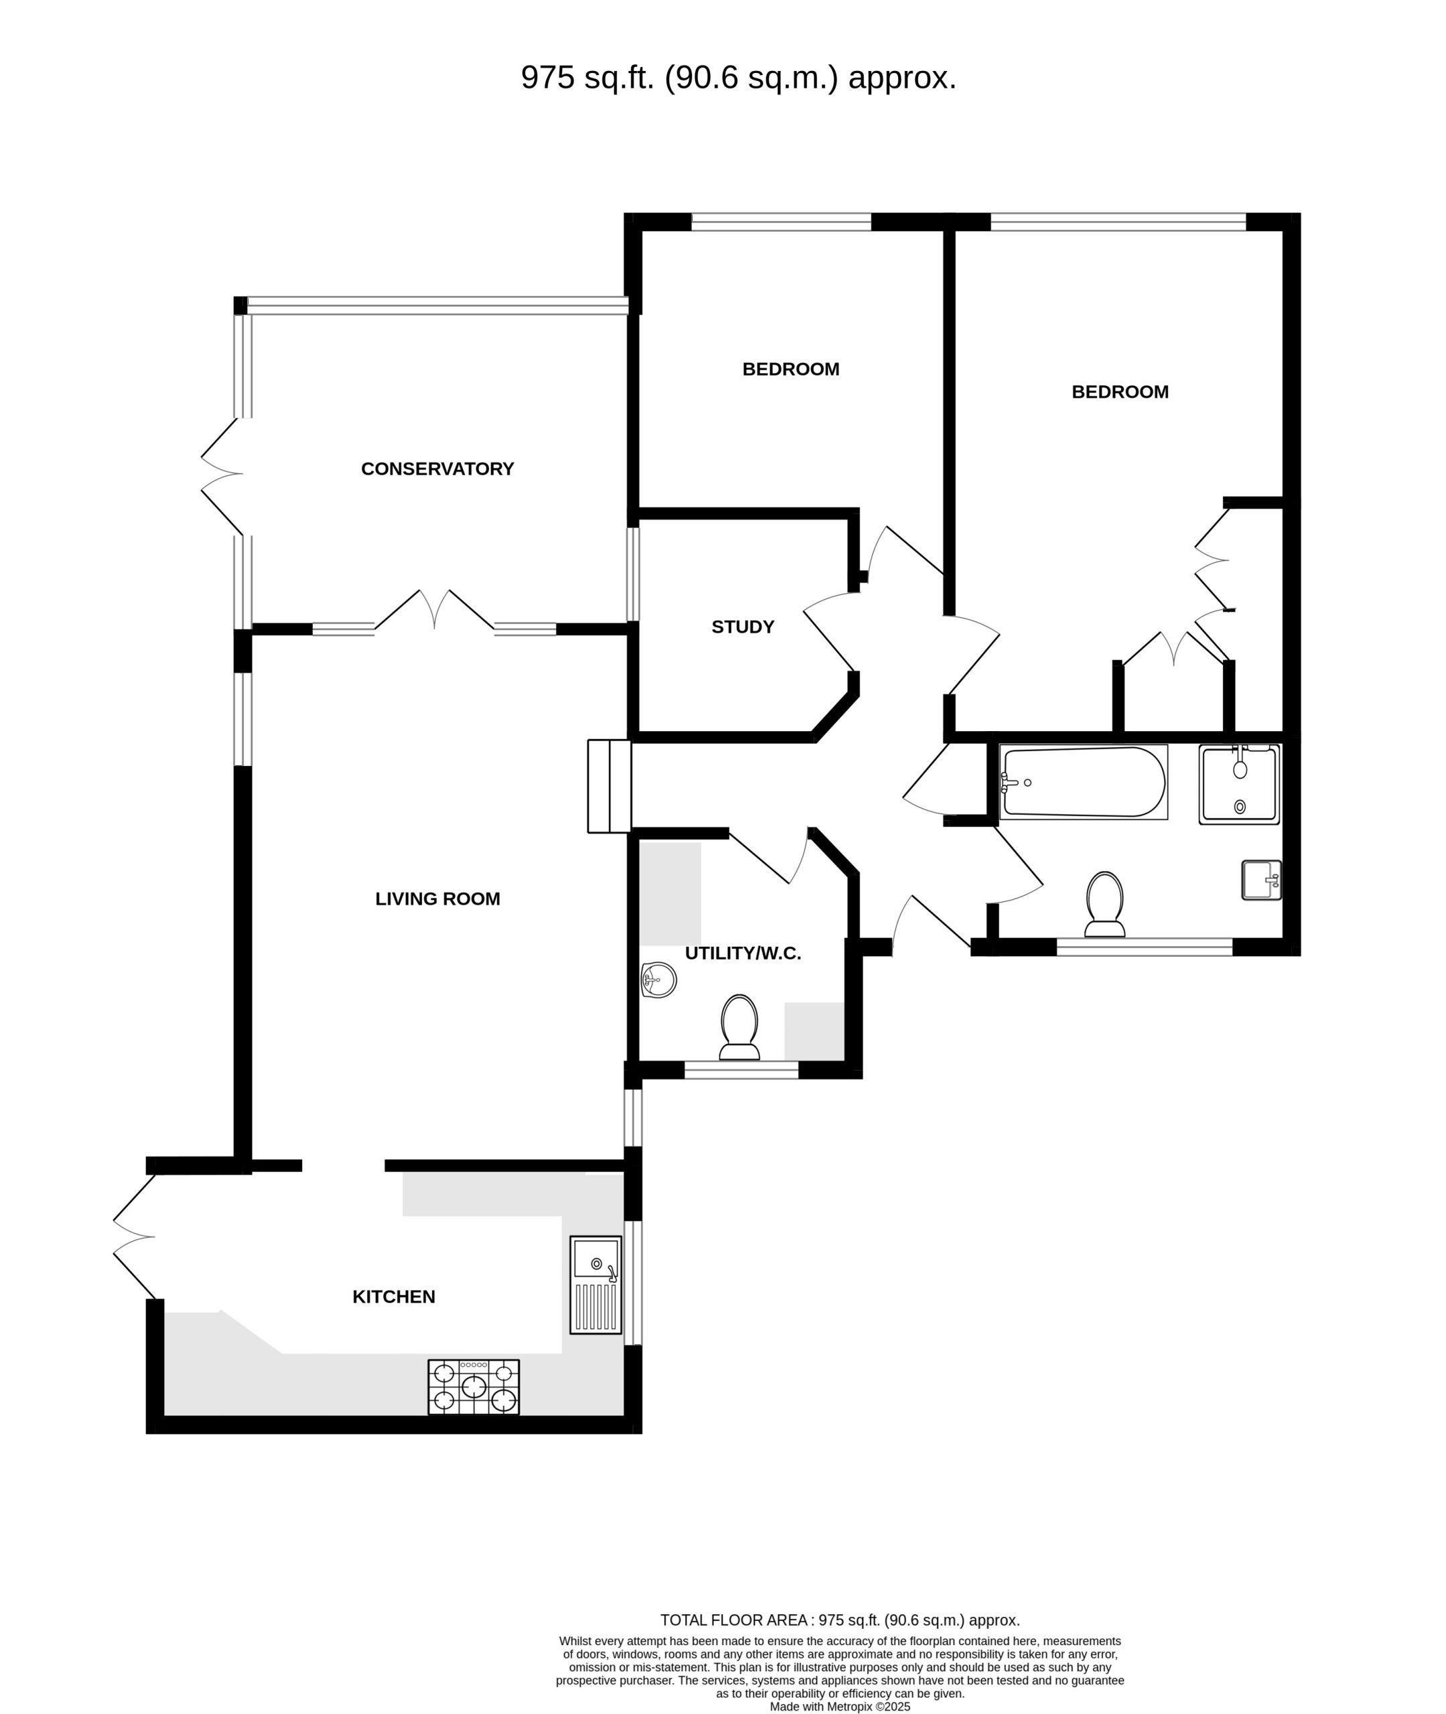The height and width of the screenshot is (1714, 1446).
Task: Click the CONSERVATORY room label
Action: (438, 469)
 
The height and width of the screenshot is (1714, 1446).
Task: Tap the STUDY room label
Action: (743, 627)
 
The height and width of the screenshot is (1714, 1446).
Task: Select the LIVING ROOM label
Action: (438, 899)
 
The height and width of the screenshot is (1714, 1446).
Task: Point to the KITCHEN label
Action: (393, 1296)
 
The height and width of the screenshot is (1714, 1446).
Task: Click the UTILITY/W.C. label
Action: (743, 953)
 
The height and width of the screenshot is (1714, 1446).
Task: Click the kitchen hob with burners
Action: (473, 1387)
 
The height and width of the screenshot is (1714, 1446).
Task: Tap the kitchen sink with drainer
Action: (596, 1284)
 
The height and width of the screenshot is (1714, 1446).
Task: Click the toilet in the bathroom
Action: (1104, 904)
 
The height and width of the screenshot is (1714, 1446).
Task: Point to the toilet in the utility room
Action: (739, 1028)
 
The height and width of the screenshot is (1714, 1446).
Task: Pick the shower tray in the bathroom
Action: (1240, 784)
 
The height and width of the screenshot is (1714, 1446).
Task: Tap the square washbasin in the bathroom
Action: (1262, 880)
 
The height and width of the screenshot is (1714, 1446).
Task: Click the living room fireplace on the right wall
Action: (609, 787)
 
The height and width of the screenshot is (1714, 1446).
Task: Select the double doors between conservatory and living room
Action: (435, 611)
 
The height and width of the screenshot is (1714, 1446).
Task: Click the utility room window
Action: (741, 1070)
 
